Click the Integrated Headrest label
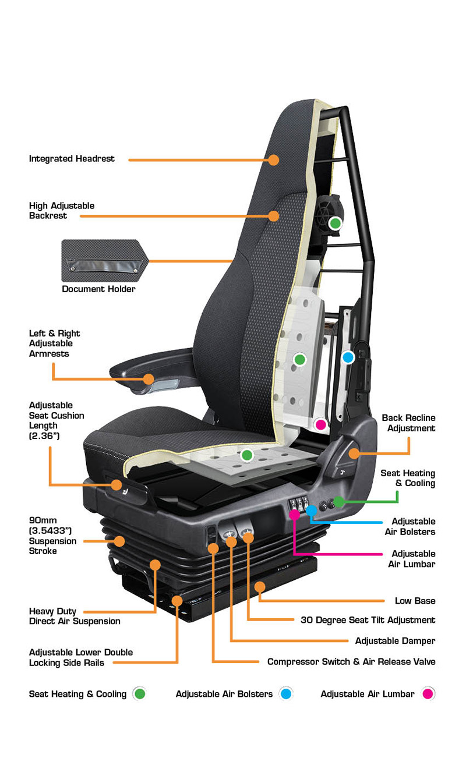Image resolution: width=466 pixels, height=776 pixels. click(72, 159)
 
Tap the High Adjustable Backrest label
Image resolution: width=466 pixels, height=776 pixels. click(62, 211)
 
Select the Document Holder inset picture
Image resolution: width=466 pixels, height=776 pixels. click(105, 261)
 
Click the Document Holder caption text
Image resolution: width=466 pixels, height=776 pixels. click(98, 289)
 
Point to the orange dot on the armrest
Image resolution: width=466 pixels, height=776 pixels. click(149, 379)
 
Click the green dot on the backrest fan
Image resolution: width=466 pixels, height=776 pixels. click(336, 224)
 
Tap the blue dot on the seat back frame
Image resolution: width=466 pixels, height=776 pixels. click(348, 357)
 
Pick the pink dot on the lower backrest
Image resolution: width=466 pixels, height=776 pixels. click(321, 424)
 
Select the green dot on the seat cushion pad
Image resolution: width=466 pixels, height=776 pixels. click(247, 455)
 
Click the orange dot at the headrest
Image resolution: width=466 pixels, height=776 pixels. click(274, 160)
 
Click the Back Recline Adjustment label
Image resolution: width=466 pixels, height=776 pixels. click(408, 423)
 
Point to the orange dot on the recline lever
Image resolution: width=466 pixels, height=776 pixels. click(354, 453)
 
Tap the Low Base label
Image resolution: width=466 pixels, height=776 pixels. click(415, 601)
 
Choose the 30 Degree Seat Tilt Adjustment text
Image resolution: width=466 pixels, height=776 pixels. click(368, 620)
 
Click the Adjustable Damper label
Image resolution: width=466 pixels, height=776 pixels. click(396, 641)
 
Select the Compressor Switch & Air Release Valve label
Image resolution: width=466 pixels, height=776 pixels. click(351, 662)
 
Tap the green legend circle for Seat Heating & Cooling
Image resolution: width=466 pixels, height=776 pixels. click(139, 693)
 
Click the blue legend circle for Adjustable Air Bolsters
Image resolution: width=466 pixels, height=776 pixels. click(286, 693)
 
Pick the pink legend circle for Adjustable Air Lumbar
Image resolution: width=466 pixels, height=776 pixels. click(428, 693)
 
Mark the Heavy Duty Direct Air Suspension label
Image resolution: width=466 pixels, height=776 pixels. click(75, 616)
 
